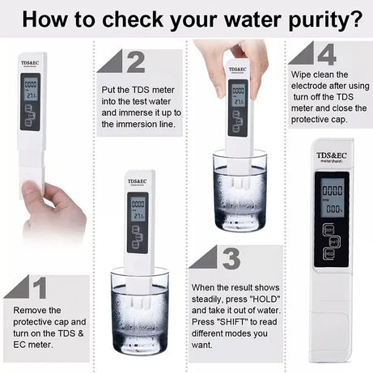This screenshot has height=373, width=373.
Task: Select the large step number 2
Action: pyautogui.click(x=134, y=61)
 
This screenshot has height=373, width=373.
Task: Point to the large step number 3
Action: pyautogui.click(x=231, y=259)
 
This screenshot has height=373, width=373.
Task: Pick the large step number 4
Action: pyautogui.click(x=325, y=55)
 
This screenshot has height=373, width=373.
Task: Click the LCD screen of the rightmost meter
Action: pyautogui.click(x=333, y=199)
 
